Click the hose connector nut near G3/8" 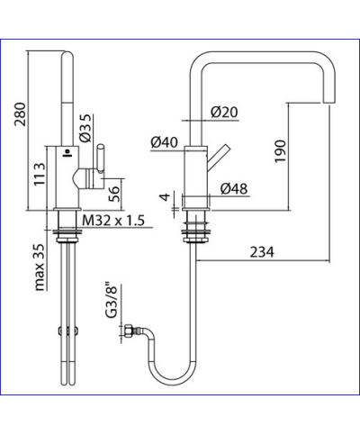pyautogui.click(x=131, y=333)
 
